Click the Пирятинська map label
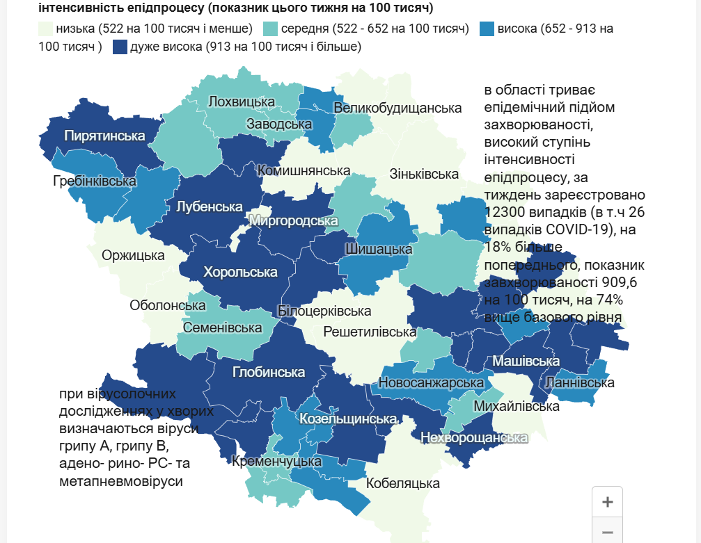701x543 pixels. click(104, 136)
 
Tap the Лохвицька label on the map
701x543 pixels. click(242, 102)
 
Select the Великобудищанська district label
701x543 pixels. click(397, 108)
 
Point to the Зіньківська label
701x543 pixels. click(425, 174)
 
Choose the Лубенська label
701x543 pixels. click(209, 206)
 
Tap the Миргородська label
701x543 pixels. click(293, 221)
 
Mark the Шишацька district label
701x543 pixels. click(379, 249)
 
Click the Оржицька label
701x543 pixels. click(133, 255)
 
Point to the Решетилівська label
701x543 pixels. click(370, 332)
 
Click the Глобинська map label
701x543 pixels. click(269, 372)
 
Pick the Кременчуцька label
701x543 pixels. click(276, 461)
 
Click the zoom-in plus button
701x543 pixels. click(607, 502)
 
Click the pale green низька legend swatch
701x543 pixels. click(46, 29)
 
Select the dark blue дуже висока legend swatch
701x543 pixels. click(119, 47)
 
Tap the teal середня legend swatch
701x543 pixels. click(270, 29)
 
